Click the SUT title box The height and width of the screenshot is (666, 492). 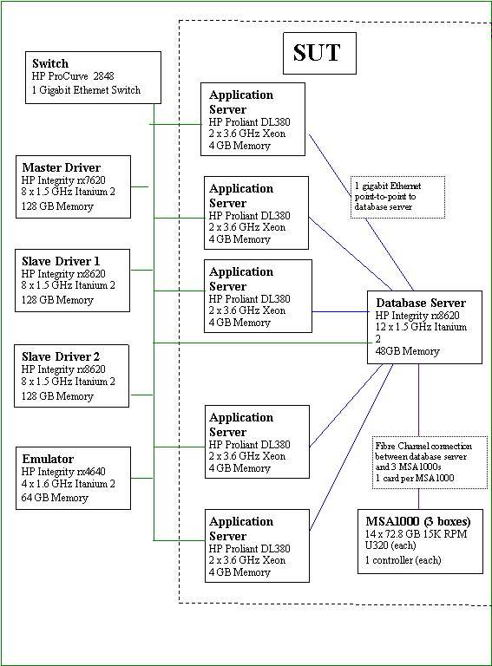coord(319,53)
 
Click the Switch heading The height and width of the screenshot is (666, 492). coord(50,63)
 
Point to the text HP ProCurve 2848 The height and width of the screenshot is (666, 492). coord(73,76)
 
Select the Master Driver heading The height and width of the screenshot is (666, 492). coord(62,167)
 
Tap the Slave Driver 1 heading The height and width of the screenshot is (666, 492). coord(61,261)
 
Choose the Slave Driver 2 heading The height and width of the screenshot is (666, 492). coord(61,356)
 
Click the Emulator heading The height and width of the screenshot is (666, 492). coord(48,459)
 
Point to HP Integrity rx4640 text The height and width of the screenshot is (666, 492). coord(63,472)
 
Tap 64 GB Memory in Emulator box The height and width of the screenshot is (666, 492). coord(55,498)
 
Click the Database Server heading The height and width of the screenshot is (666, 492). coord(421,303)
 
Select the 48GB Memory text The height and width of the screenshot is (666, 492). coord(408,351)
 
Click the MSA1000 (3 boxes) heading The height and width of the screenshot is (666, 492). coord(418,521)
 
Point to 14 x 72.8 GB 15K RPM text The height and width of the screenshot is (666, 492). coord(416,534)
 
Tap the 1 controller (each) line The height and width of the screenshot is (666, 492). coord(403,560)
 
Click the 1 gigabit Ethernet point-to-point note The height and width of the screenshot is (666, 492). coord(397,197)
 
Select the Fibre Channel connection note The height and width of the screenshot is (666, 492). coord(430,462)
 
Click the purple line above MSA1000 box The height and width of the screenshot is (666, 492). coord(418,499)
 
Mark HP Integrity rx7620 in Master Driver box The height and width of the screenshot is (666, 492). coord(63,180)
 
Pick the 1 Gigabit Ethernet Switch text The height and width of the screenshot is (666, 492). coord(86,90)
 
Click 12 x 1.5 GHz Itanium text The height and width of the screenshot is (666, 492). coord(421,327)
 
